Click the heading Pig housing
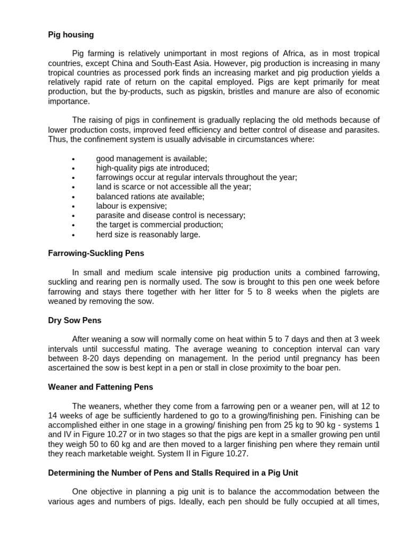tap(71, 35)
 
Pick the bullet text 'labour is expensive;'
tap(131, 206)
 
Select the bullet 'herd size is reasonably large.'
tap(148, 235)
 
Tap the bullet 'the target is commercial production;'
tap(159, 225)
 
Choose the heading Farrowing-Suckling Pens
tap(96, 253)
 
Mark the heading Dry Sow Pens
tap(75, 320)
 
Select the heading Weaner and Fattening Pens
tap(101, 387)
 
